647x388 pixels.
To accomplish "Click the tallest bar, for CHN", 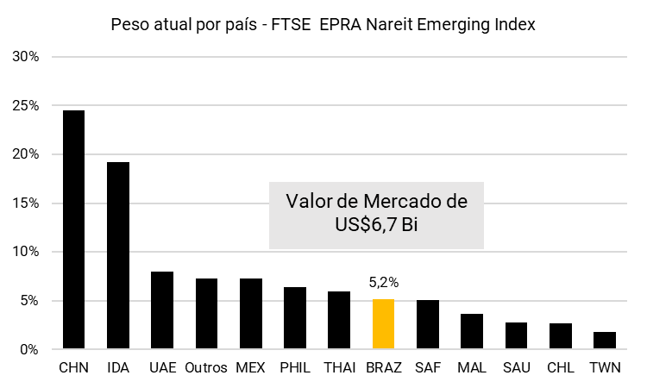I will [x=73, y=229].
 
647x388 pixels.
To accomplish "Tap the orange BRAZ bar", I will [x=383, y=323].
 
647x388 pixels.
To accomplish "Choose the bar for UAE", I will [x=162, y=310].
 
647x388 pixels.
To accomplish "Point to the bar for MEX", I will [x=250, y=313].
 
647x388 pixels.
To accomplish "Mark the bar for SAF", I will [x=427, y=324].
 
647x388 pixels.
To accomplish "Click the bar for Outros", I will [x=206, y=313].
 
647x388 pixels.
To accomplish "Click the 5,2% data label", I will [x=383, y=282].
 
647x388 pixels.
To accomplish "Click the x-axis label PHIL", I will [x=295, y=368].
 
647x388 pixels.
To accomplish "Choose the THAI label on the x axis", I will [x=339, y=368].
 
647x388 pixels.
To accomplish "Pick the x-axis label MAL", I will [x=471, y=368].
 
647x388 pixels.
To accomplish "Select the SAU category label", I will [x=516, y=368].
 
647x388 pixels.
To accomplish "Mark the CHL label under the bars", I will [x=560, y=368].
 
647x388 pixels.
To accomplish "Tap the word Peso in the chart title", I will [x=129, y=25].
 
